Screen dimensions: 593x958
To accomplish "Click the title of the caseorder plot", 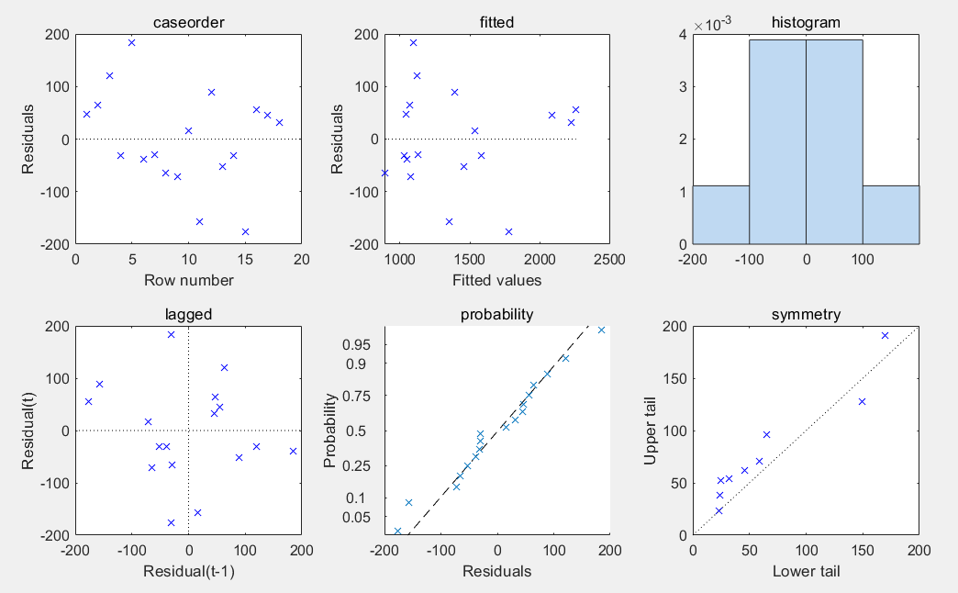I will [188, 22].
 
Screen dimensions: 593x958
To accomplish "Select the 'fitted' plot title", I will [496, 22].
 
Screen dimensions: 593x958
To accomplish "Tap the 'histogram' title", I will [806, 22].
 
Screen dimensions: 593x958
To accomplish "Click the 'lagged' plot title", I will [188, 314].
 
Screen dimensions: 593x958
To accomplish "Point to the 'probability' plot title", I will [496, 314].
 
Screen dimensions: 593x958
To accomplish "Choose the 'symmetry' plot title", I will [806, 314].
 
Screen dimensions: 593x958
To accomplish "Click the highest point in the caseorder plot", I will [131, 42].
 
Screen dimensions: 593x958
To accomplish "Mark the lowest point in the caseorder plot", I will [245, 231].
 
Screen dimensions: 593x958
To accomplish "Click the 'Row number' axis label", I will [188, 280].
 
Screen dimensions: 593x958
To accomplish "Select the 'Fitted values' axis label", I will [496, 280].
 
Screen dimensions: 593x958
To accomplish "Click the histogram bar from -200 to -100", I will [720, 215].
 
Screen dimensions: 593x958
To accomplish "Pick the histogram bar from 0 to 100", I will [834, 142].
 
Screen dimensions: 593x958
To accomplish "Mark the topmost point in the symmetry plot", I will [886, 336].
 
